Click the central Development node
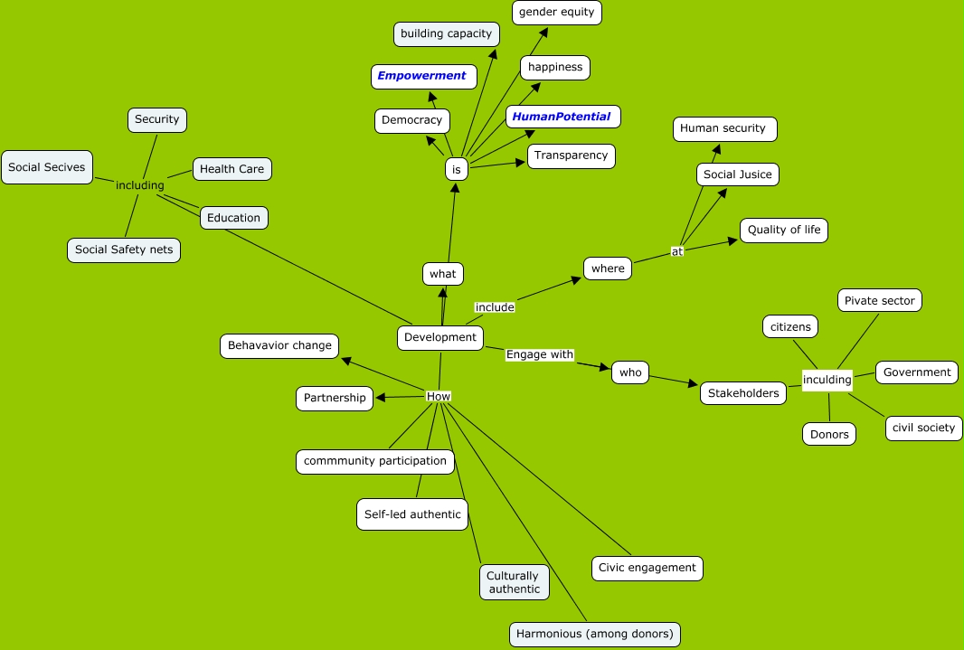point(439,337)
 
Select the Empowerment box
point(423,76)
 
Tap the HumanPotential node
point(562,116)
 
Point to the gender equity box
point(556,12)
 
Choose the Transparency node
point(571,155)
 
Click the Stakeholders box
point(743,393)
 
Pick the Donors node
point(829,434)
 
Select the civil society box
point(923,428)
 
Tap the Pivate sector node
point(879,300)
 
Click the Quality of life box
point(783,230)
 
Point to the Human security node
point(723,128)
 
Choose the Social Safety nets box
point(124,250)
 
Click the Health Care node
point(232,168)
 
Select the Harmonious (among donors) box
point(594,634)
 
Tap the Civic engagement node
point(647,568)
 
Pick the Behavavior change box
point(279,345)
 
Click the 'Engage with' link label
point(540,354)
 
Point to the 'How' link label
point(438,396)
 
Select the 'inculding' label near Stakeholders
point(827,380)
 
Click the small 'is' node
point(457,169)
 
